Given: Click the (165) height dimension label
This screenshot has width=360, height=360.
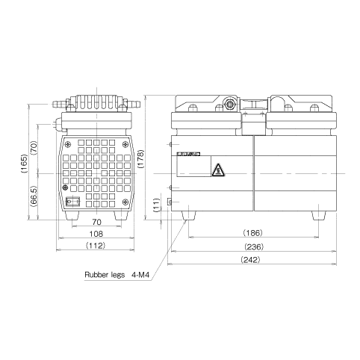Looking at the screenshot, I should [24, 164].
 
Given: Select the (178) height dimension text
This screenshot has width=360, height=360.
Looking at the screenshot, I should [152, 158].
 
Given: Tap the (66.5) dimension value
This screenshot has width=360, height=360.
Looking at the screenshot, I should [34, 197].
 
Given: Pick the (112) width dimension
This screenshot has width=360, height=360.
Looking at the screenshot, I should [96, 246].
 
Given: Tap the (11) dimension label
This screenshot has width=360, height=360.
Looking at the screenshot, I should [155, 205].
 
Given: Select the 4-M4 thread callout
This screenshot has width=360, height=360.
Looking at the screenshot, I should [142, 274].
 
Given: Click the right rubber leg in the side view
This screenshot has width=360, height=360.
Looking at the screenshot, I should [320, 216].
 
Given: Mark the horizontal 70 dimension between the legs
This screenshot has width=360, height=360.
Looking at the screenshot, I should [96, 222].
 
